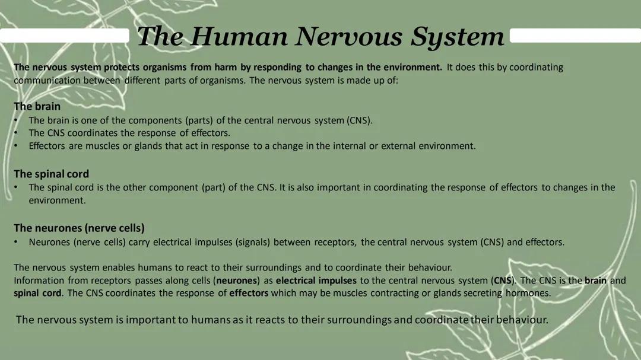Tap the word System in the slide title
(458, 37)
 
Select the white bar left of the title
(65, 36)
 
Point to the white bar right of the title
(575, 36)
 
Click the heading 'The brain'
(37, 107)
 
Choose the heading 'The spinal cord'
(51, 174)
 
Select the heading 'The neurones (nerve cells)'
(79, 228)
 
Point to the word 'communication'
(47, 80)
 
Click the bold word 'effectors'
(249, 293)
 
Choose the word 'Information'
(39, 281)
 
